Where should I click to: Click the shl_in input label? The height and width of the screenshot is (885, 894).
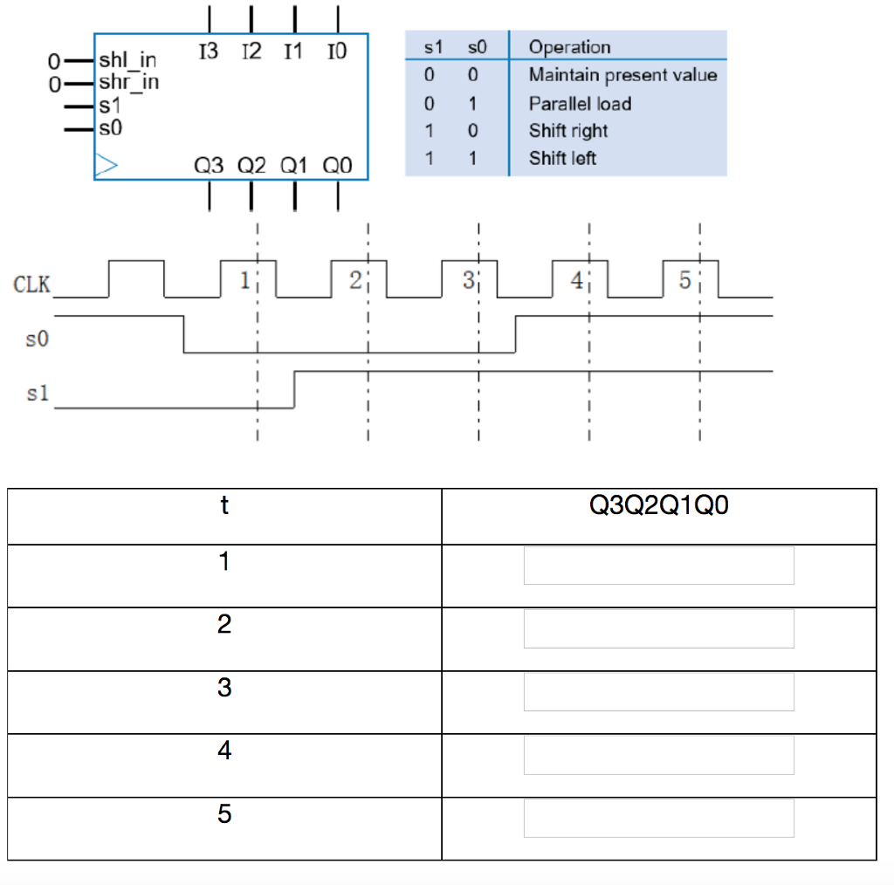[x=127, y=60]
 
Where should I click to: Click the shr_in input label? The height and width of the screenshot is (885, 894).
[x=127, y=82]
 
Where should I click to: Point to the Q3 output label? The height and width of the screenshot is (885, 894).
[x=210, y=165]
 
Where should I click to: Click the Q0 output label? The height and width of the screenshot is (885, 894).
[x=337, y=165]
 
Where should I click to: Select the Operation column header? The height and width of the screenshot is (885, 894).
[x=569, y=47]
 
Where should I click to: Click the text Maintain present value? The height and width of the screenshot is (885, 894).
[x=622, y=75]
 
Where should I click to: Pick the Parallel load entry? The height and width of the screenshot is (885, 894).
[x=580, y=103]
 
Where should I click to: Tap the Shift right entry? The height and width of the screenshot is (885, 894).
[x=568, y=131]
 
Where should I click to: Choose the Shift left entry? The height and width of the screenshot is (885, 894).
[x=562, y=159]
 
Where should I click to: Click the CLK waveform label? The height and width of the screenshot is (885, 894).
[x=31, y=284]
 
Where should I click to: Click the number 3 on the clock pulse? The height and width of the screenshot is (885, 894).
[x=467, y=280]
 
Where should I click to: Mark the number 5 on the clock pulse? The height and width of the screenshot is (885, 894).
[x=684, y=280]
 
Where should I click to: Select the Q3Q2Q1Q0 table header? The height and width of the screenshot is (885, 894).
[x=658, y=505]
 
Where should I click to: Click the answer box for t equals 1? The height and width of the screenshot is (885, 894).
[x=658, y=566]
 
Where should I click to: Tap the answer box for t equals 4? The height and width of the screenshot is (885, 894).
[x=658, y=754]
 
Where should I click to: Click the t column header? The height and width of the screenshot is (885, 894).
[x=224, y=505]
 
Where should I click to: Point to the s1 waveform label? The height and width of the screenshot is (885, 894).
[x=37, y=394]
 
